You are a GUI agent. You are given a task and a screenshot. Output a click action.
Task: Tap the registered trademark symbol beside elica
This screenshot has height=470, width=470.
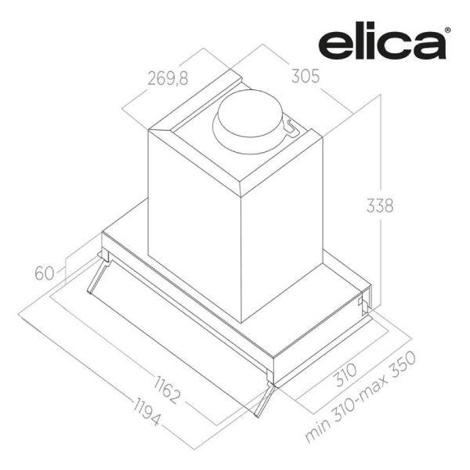[x=447, y=30]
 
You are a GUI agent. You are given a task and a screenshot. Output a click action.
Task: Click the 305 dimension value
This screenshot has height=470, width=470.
[x=305, y=76]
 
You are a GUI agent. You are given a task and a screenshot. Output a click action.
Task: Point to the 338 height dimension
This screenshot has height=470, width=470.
[x=380, y=205]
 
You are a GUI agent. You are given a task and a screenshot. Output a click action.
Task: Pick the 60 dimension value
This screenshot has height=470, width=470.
[x=45, y=273]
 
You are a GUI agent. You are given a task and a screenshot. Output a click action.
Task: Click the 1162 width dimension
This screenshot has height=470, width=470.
[x=168, y=389]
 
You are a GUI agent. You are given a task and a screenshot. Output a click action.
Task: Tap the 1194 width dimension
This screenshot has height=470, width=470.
[x=146, y=411]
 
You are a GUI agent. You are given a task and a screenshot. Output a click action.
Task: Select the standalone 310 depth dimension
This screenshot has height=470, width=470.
[x=345, y=374]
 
